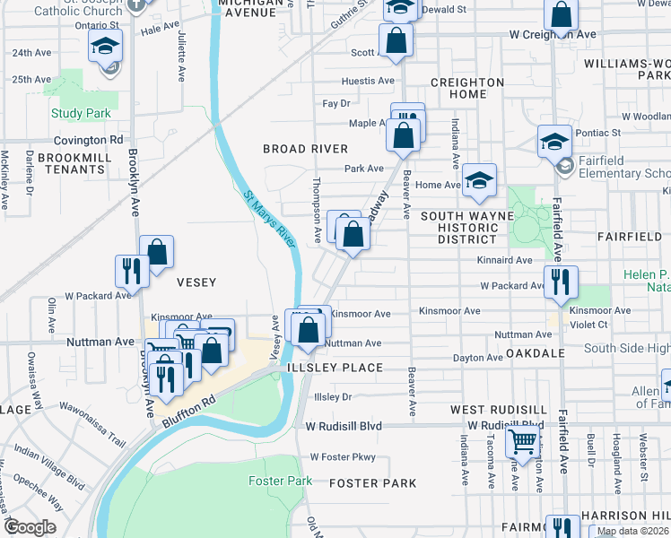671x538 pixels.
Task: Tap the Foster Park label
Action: coord(280,482)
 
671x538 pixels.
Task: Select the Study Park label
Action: coord(81,114)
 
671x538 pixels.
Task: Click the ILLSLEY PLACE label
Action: coord(335,369)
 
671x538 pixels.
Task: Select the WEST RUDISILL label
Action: coord(492,410)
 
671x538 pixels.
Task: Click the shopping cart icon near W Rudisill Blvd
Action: coord(522,440)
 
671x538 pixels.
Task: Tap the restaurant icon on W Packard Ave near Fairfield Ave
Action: coord(561,282)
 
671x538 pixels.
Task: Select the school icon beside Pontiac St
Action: coord(554,141)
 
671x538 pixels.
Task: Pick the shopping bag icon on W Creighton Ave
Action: coord(561,15)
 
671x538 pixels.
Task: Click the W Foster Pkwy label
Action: coord(342,457)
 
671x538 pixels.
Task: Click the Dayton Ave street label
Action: coord(477,358)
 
